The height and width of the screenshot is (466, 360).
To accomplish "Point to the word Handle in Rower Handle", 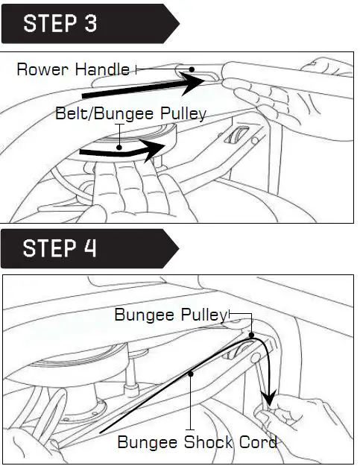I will point(101,70).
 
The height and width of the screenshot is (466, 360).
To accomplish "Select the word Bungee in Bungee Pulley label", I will point(143,315).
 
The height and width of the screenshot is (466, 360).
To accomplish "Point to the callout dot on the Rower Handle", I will point(192,70).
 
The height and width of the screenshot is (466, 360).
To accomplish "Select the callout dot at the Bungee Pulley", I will point(253,335).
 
